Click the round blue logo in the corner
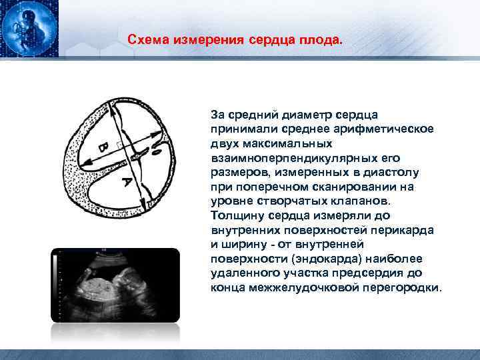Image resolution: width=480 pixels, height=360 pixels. [x=27, y=27]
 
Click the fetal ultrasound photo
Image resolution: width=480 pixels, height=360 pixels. [x=117, y=285]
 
